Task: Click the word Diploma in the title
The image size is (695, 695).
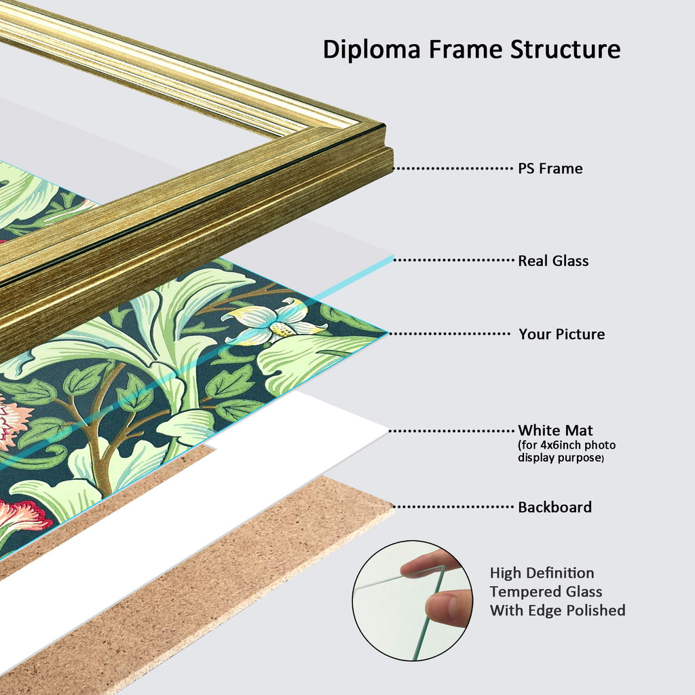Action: click(371, 50)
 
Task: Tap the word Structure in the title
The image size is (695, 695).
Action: click(565, 49)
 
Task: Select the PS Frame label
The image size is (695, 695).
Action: click(550, 168)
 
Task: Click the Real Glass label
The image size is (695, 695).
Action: click(553, 261)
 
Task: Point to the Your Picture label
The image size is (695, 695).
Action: click(561, 334)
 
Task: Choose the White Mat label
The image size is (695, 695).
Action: click(555, 430)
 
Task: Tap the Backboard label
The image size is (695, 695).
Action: click(555, 506)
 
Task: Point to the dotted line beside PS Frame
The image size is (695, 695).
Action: click(453, 168)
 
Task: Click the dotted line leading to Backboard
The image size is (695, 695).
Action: click(453, 506)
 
